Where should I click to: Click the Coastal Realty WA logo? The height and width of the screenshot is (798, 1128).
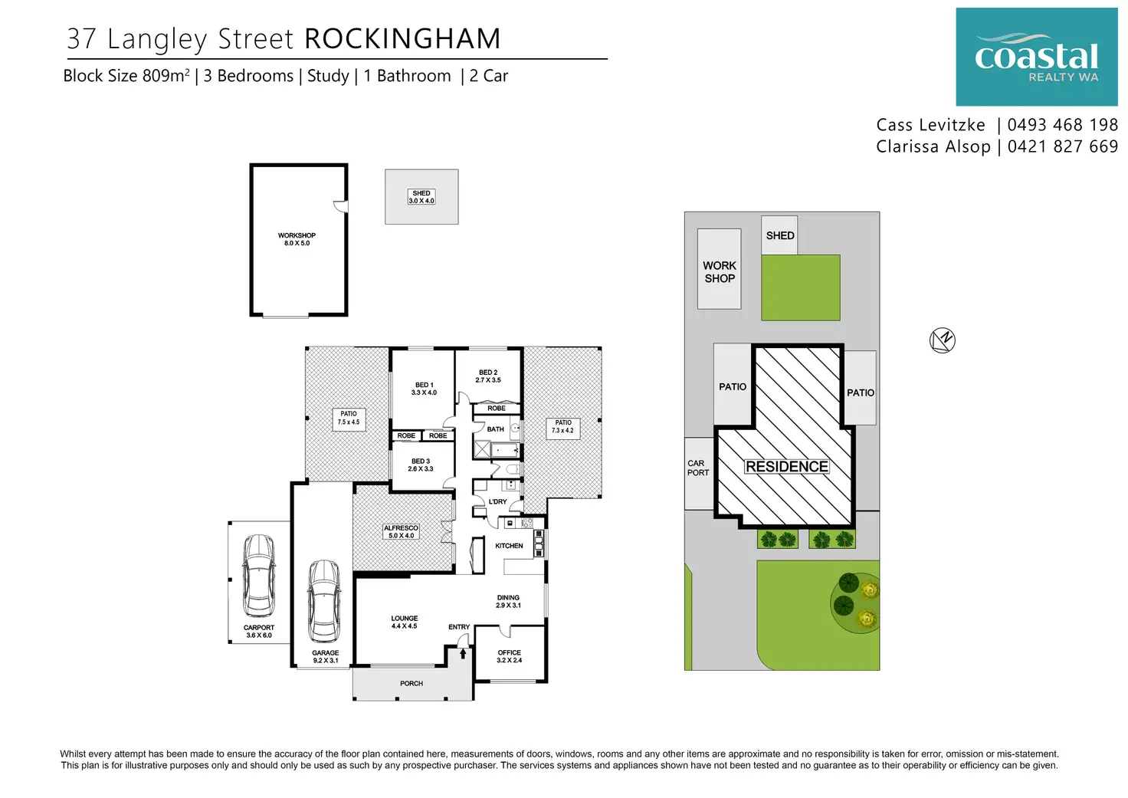[x=1036, y=57]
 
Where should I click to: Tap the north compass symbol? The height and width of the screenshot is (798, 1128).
[x=942, y=340]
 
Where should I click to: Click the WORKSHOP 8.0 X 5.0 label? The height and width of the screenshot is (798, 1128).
[x=297, y=239]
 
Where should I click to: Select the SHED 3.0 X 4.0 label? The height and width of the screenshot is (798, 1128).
[x=421, y=197]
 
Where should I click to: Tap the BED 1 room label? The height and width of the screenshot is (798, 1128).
[x=424, y=389]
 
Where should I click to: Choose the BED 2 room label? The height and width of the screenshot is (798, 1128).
[x=488, y=376]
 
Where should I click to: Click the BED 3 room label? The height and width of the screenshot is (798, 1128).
[x=421, y=465]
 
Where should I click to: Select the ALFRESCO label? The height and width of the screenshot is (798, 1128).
[x=401, y=531]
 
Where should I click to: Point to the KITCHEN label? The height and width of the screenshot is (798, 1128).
[x=509, y=546]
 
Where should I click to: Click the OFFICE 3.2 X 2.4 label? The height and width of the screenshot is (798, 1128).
[x=509, y=656]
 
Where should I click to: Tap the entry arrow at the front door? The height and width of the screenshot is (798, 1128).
[x=463, y=653]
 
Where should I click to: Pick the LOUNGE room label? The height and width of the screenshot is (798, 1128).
[x=404, y=622]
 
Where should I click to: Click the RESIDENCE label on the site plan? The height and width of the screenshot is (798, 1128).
[x=787, y=467]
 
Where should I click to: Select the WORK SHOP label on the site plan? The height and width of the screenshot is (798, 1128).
[x=720, y=272]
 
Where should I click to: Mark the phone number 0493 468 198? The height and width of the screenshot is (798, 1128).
[x=1063, y=125]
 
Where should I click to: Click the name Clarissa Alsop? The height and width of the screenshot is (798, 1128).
[x=933, y=146]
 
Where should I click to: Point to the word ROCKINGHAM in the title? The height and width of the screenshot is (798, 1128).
[x=402, y=39]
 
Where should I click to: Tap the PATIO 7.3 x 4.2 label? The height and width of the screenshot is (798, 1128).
[x=563, y=426]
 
